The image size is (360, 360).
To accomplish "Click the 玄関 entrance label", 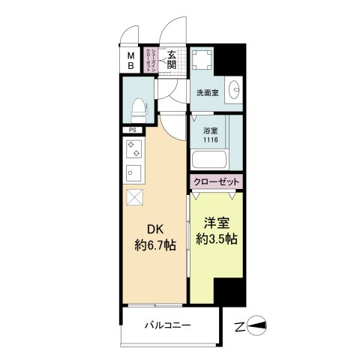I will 172,57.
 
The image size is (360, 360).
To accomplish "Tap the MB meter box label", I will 130,59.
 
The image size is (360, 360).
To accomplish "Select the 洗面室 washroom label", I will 207,94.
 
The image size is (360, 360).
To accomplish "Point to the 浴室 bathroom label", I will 209,128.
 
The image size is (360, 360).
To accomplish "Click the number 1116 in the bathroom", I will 209,139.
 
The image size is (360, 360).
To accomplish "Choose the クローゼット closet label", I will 216,182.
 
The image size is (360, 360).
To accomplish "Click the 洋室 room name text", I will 214,223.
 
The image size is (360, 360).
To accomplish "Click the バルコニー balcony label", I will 167,325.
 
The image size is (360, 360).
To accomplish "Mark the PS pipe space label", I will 132,130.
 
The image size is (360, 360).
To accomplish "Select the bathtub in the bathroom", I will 208,160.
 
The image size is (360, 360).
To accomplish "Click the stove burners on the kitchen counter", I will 133,151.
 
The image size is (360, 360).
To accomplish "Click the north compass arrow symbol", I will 262,325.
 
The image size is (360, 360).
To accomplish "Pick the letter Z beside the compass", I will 239,325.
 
